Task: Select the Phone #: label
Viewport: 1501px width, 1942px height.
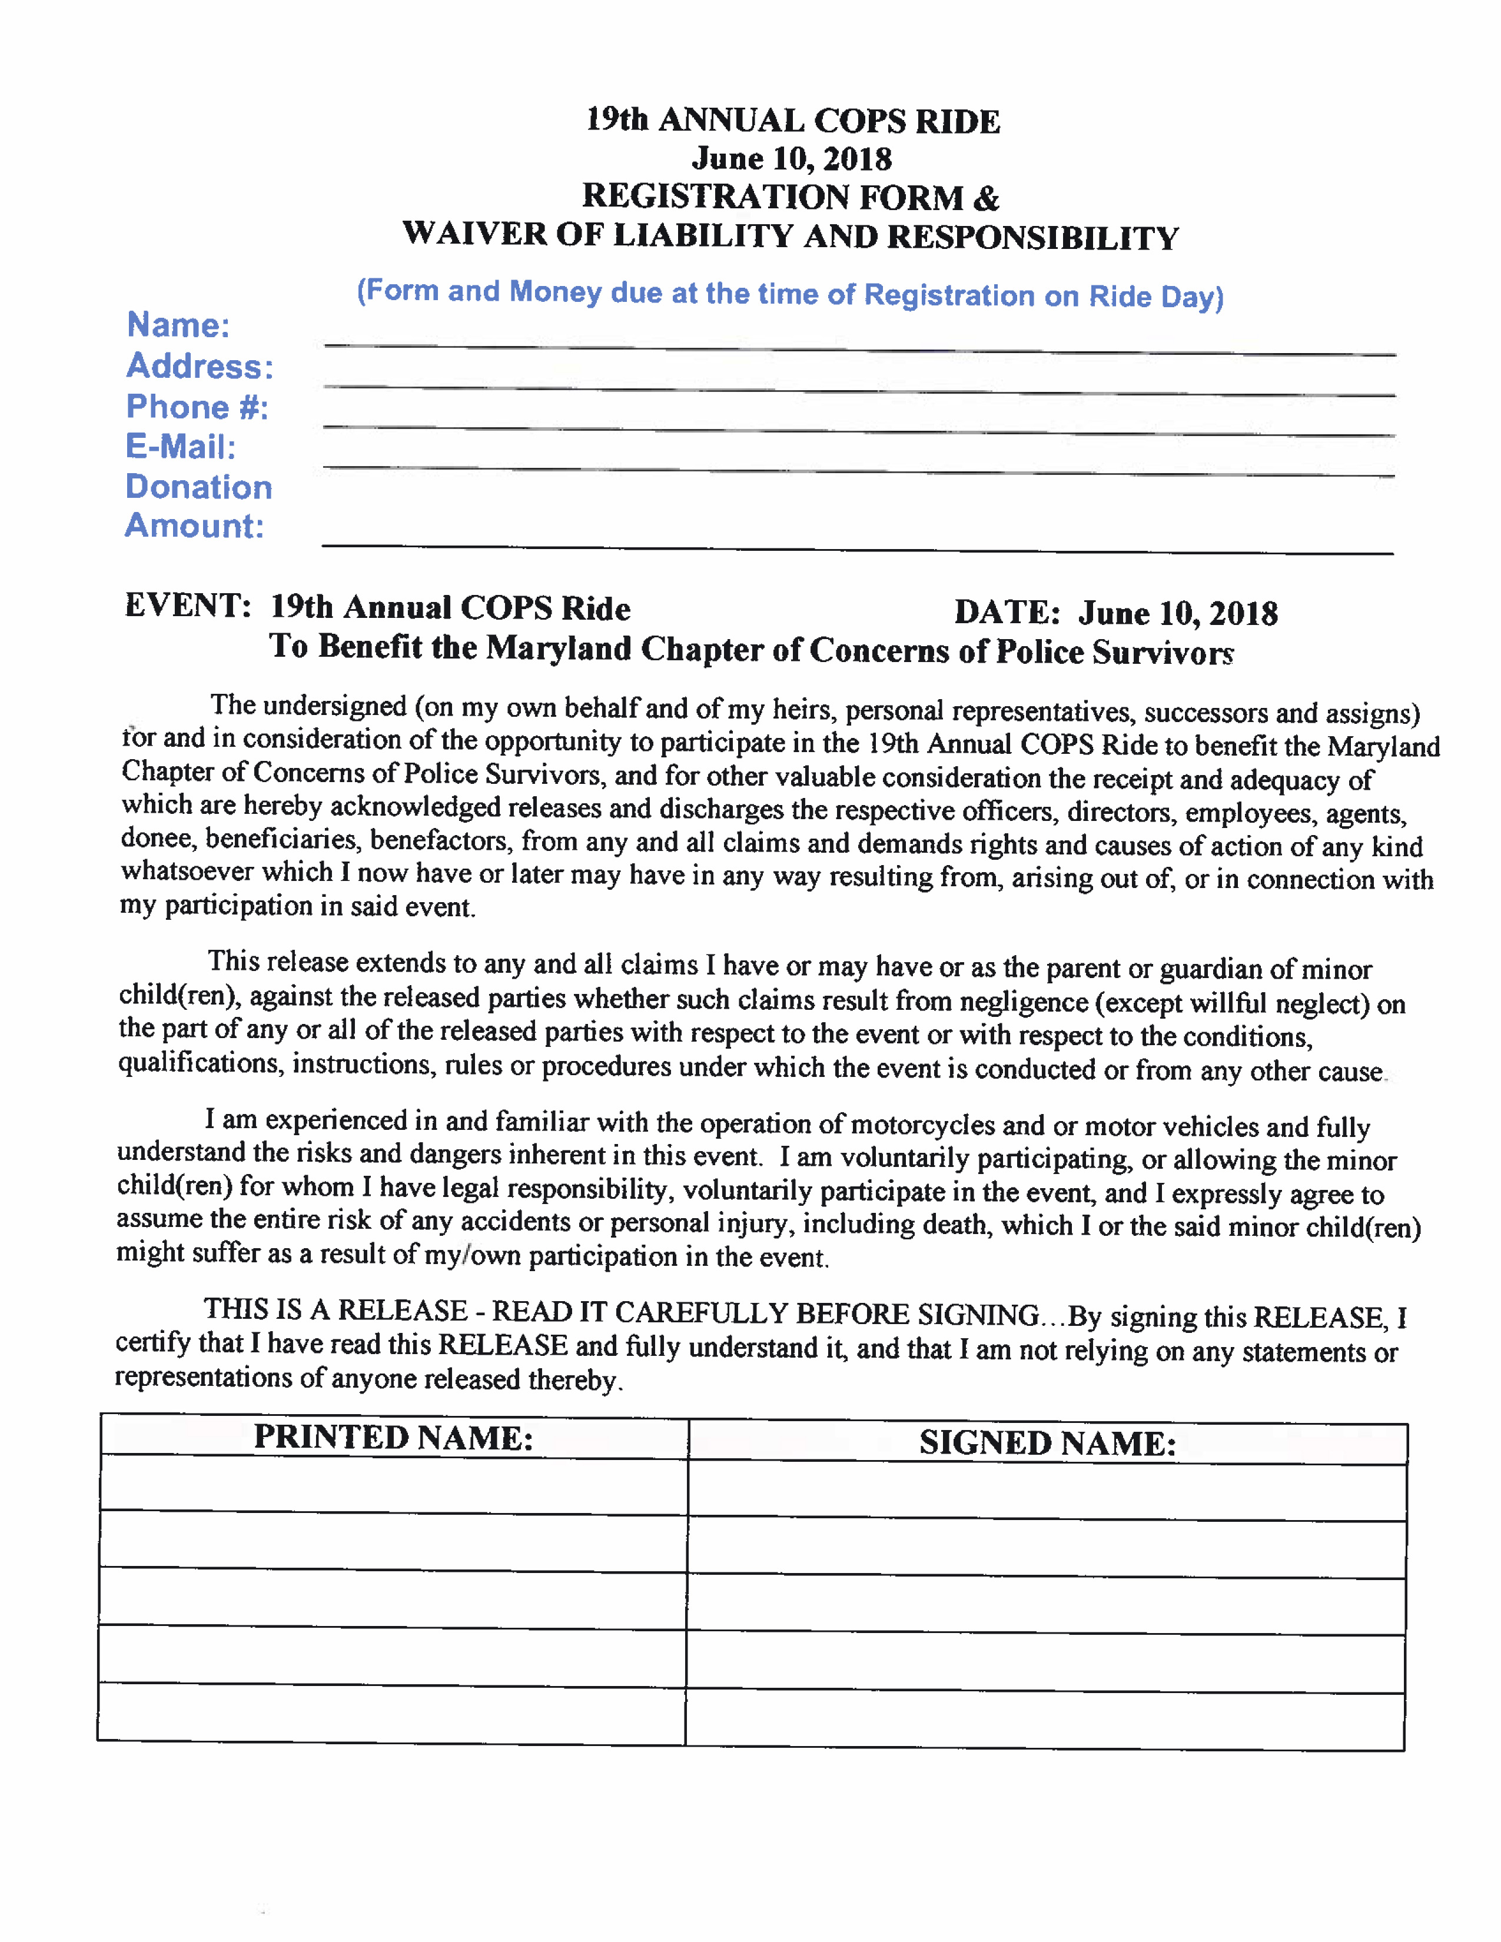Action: click(197, 407)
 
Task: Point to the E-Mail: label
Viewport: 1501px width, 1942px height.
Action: click(181, 447)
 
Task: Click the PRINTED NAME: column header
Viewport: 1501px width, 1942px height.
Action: click(393, 1438)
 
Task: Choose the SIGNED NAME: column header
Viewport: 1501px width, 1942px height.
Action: click(1048, 1443)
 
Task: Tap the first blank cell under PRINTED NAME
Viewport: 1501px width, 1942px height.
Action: click(393, 1484)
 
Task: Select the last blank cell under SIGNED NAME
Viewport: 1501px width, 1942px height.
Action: click(1046, 1721)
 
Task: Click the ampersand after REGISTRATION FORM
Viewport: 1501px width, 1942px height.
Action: click(986, 197)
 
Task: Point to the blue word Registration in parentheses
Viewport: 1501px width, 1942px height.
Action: click(949, 295)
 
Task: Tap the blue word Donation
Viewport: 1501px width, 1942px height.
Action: click(198, 487)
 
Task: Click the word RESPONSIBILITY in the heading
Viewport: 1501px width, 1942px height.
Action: click(1032, 237)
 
